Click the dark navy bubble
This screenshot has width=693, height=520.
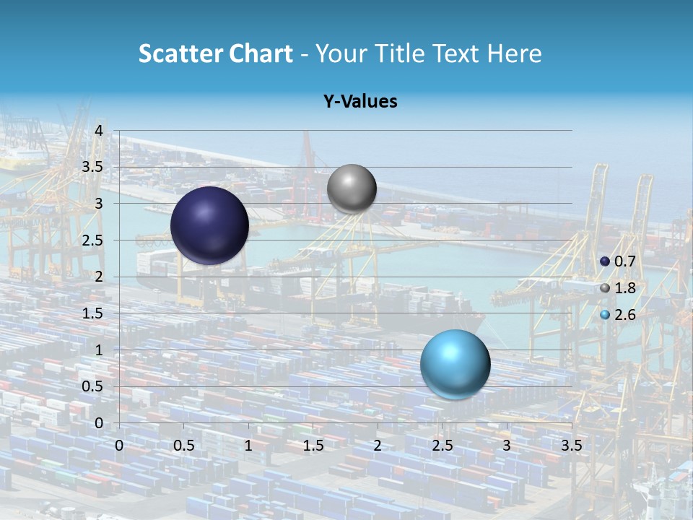209,225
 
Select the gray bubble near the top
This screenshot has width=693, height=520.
352,188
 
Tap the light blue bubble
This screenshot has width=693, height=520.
455,364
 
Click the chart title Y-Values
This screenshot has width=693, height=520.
360,102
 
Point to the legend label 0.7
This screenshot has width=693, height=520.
624,261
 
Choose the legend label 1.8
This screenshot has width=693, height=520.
624,288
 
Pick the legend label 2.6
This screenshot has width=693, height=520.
624,315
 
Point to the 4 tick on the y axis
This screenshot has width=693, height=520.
100,131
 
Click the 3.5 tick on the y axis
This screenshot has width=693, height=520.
95,168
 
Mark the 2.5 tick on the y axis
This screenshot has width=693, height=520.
95,240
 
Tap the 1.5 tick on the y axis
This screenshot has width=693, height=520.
95,313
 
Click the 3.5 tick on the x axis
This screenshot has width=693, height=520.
572,446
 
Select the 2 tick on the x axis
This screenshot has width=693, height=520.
378,446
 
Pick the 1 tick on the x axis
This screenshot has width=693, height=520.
248,446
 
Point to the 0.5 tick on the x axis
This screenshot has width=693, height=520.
184,446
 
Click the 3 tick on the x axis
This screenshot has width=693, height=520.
507,446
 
